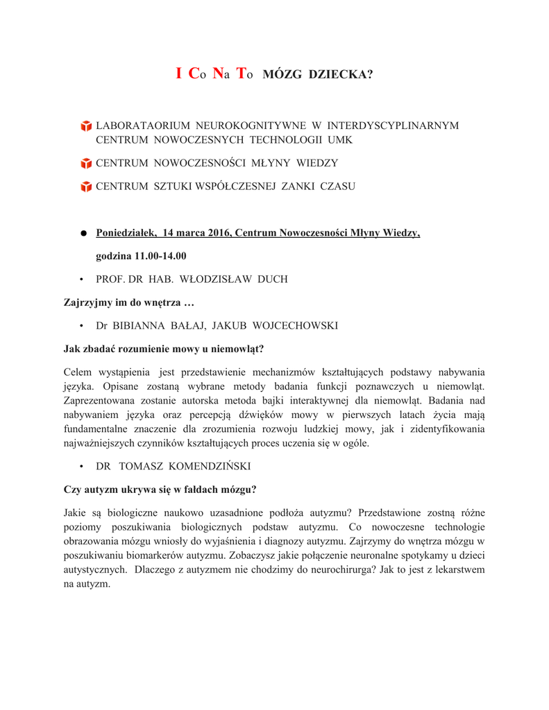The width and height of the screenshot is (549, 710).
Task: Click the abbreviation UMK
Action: pyautogui.click(x=340, y=140)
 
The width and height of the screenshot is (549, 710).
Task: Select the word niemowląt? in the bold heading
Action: pyautogui.click(x=239, y=347)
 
